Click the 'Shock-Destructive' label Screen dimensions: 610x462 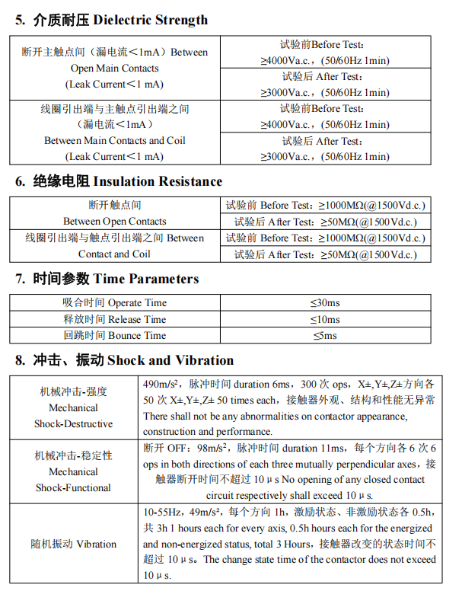pos(74,424)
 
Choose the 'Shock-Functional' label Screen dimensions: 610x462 pos(74,488)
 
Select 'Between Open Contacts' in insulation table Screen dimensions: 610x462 pos(114,222)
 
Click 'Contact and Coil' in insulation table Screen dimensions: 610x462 pos(114,254)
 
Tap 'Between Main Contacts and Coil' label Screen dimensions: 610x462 pos(114,141)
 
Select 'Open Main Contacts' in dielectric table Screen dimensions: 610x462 pos(114,69)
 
